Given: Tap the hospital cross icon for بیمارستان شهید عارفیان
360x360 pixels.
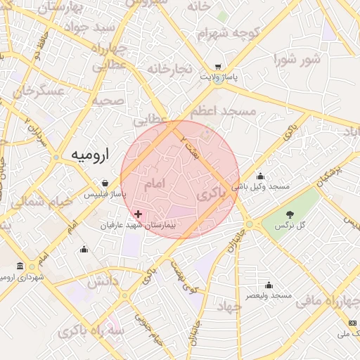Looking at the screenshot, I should (138, 214).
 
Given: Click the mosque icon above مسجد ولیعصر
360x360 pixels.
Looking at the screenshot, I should (269, 285).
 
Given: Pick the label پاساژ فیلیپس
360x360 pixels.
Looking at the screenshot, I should (108, 193).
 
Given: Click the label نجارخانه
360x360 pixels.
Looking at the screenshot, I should (169, 68).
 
